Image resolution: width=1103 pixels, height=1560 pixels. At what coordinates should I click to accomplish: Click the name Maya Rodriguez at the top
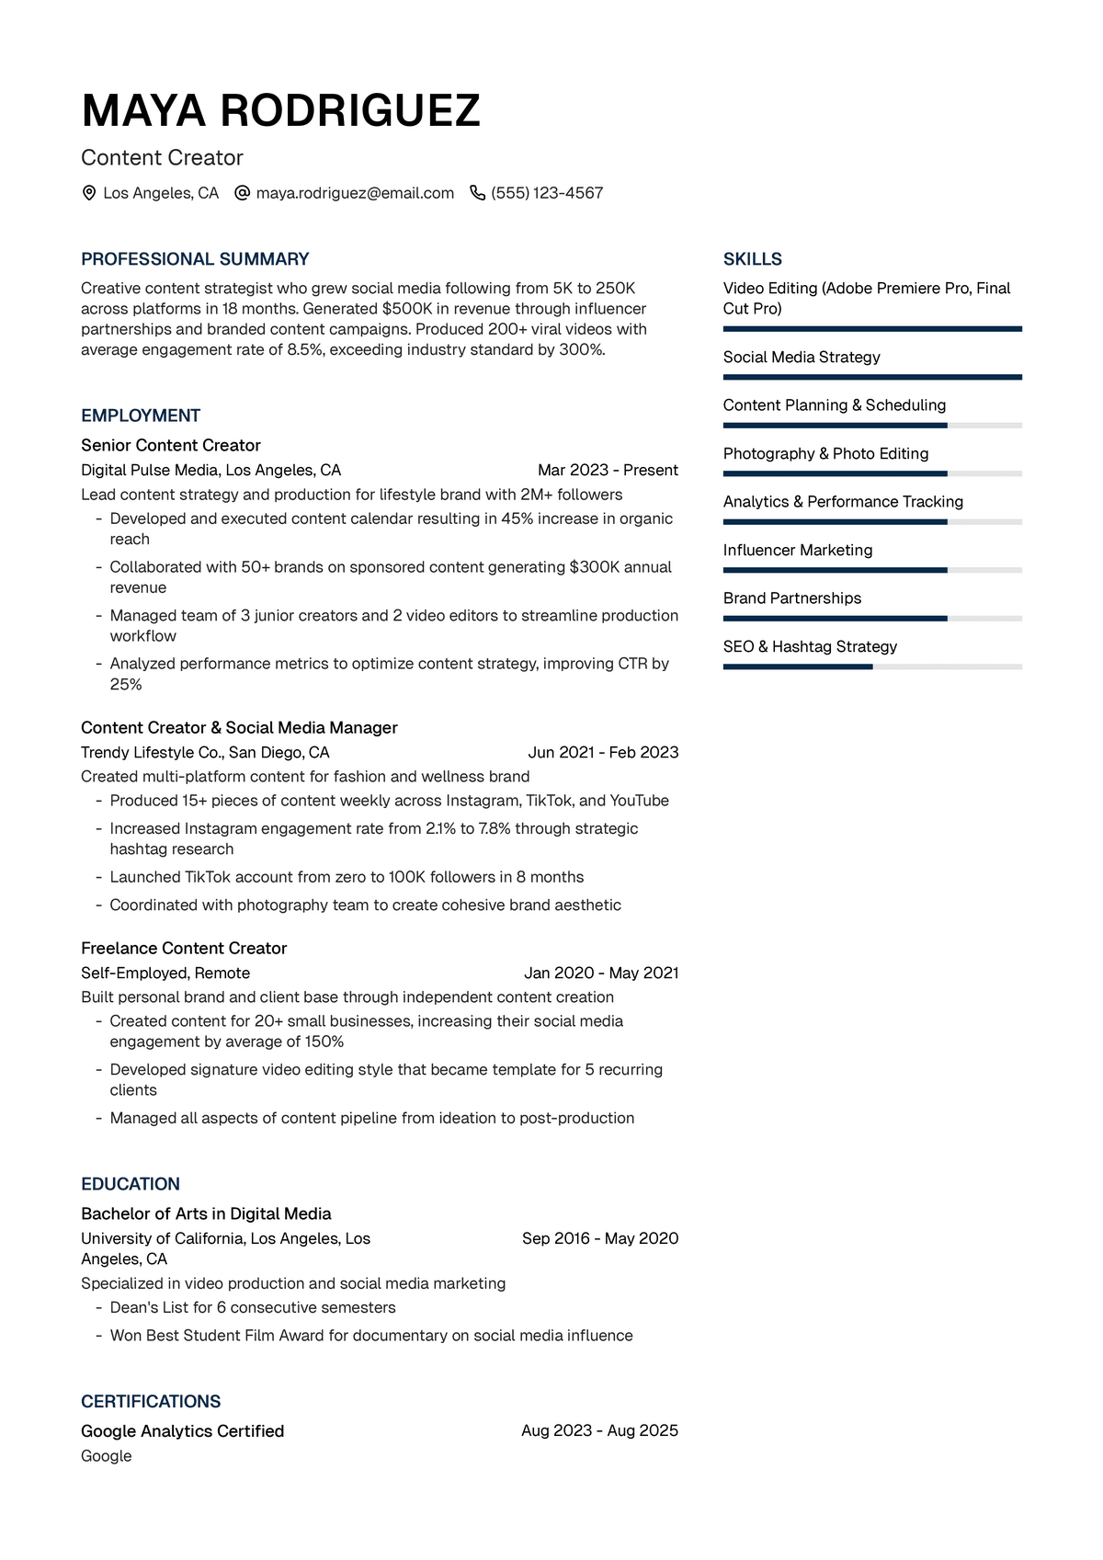coord(280,111)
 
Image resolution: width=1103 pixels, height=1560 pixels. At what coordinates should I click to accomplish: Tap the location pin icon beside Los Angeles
coord(89,193)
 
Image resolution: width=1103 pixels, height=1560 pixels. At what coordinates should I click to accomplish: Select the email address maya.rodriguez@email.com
coord(355,193)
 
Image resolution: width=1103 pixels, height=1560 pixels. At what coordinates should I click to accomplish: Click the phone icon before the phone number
coord(477,193)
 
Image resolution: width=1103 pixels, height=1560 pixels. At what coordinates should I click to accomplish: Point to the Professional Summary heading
coord(195,259)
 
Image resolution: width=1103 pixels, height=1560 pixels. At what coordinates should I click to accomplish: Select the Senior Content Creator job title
coord(171,446)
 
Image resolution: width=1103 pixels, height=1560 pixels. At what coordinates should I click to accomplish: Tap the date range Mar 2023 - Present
coord(608,471)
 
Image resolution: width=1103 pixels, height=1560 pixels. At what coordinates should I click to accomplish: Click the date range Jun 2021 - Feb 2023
coord(603,753)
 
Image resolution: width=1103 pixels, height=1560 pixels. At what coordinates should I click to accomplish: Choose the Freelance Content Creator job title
coord(184,949)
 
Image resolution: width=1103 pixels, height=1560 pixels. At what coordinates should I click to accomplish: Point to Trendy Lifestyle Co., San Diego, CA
coord(205,753)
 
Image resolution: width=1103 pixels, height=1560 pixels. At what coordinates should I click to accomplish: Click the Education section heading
coord(131,1185)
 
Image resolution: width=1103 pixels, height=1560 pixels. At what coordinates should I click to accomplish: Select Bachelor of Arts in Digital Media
coord(206,1214)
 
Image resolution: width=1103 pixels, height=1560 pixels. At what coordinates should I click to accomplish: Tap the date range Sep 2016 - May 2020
coord(600,1239)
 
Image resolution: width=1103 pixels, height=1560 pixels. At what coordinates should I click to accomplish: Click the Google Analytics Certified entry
coord(182,1431)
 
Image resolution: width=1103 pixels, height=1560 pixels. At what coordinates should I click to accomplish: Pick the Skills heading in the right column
coord(753,259)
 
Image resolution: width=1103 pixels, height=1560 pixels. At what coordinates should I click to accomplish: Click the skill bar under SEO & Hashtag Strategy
coord(872,666)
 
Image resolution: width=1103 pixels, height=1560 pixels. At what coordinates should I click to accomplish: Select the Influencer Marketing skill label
coord(798,551)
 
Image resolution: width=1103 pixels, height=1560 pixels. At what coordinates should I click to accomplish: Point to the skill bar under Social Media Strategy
coord(872,377)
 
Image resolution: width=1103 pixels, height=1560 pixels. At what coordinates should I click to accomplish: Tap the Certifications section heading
coord(151,1402)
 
